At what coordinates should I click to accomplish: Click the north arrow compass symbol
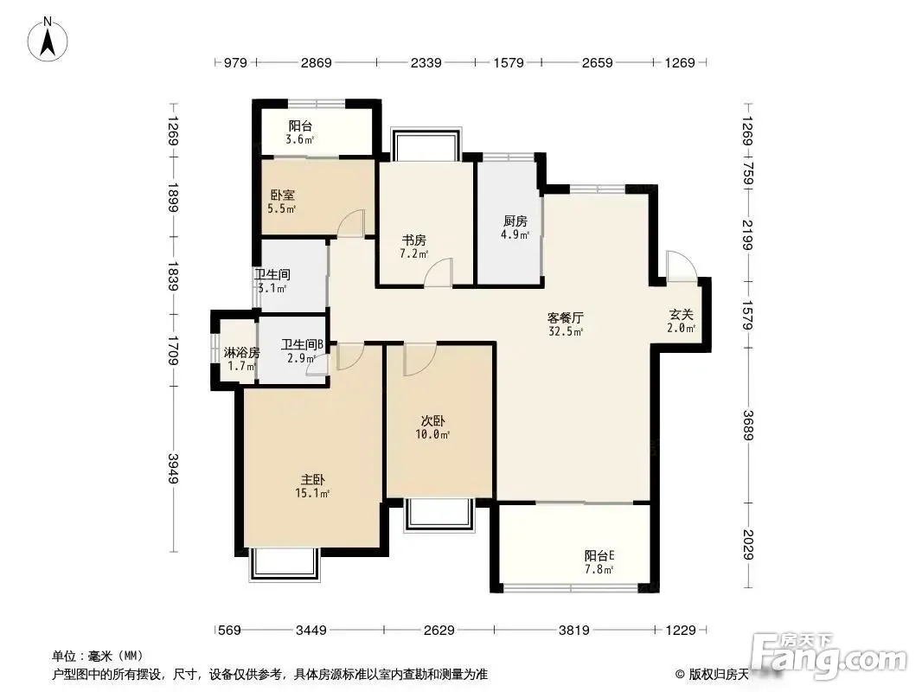[x=48, y=39]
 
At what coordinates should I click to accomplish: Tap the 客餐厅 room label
[x=565, y=324]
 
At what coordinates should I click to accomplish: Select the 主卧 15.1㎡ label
[x=312, y=487]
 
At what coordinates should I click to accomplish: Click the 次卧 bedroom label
[x=432, y=427]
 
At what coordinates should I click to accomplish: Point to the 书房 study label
[x=414, y=247]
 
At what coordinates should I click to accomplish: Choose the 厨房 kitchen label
[x=515, y=227]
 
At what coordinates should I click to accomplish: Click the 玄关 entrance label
[x=681, y=321]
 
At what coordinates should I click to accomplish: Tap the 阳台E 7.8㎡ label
[x=599, y=562]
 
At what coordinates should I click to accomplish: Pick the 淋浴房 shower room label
[x=241, y=359]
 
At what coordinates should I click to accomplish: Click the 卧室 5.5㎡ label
[x=282, y=201]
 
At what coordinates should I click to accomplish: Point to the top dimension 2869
[x=317, y=62]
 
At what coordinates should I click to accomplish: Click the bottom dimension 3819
[x=574, y=631]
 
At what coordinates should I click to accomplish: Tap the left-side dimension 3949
[x=172, y=469]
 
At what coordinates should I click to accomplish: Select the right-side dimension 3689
[x=748, y=425]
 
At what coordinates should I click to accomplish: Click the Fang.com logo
[x=831, y=654]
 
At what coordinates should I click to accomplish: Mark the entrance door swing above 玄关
[x=682, y=265]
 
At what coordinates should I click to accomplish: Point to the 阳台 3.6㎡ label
[x=300, y=132]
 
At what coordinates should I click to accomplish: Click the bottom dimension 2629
[x=439, y=631]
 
